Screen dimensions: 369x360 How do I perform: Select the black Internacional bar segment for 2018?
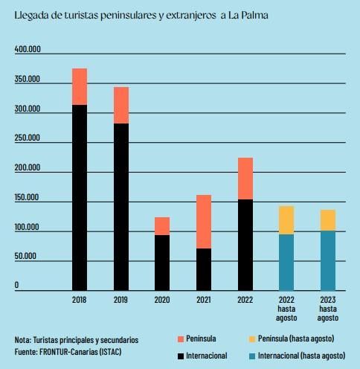point(80,197)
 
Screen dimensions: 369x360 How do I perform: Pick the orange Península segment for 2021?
point(204,221)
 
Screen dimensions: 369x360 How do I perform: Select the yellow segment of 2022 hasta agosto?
point(286,220)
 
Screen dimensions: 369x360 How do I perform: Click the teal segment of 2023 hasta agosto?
point(328,260)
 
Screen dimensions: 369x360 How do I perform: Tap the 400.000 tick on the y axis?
point(28,49)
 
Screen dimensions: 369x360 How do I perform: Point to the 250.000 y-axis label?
point(28,138)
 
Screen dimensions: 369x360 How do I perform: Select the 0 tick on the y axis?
point(16,285)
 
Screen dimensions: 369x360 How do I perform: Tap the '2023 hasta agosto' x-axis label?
point(328,308)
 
